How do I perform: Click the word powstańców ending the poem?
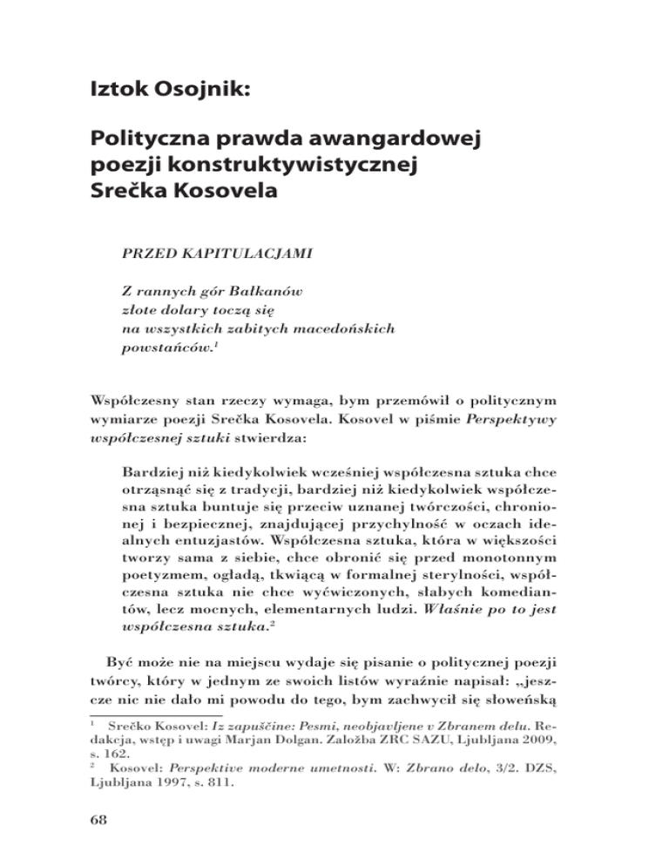(164, 350)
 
